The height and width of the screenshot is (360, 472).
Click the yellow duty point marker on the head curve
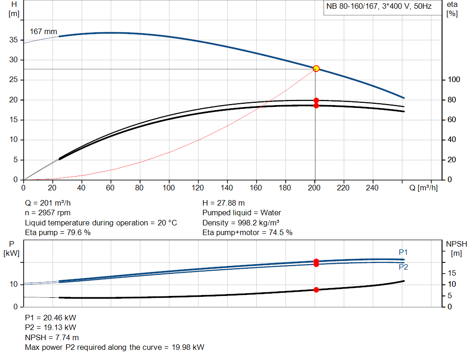(316, 68)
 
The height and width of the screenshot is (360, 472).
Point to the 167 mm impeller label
(43, 32)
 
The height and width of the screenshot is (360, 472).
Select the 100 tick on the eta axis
(454, 80)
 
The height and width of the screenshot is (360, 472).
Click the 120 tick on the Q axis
(198, 188)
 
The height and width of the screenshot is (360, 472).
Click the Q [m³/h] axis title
(423, 188)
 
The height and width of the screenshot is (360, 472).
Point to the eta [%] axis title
(452, 9)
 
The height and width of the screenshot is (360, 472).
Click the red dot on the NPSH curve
(316, 289)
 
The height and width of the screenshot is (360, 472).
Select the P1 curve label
(403, 252)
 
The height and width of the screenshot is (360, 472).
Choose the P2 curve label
(403, 267)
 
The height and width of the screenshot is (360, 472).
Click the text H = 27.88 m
(224, 203)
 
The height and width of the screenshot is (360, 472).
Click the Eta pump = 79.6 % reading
(58, 233)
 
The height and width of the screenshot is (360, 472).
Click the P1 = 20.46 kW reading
(51, 318)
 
